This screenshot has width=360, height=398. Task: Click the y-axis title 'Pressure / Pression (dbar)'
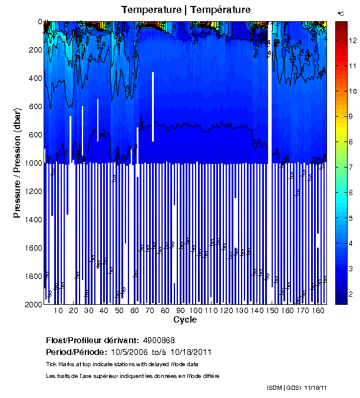point(17,163)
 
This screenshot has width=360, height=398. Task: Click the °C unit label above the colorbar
point(341,13)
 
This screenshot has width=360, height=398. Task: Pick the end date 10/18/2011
point(191,352)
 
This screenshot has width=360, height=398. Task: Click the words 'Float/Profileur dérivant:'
point(93,340)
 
